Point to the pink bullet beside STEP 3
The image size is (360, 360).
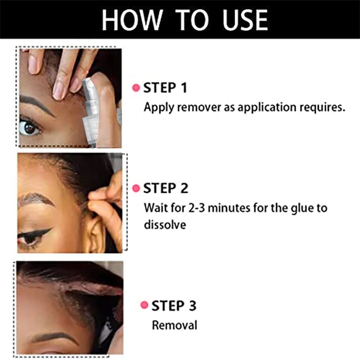pyautogui.click(x=144, y=305)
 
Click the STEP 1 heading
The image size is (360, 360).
pyautogui.click(x=166, y=88)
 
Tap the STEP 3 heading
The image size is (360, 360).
pyautogui.click(x=174, y=305)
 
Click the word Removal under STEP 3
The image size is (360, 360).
pyautogui.click(x=174, y=325)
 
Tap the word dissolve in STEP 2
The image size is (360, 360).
pyautogui.click(x=165, y=224)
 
